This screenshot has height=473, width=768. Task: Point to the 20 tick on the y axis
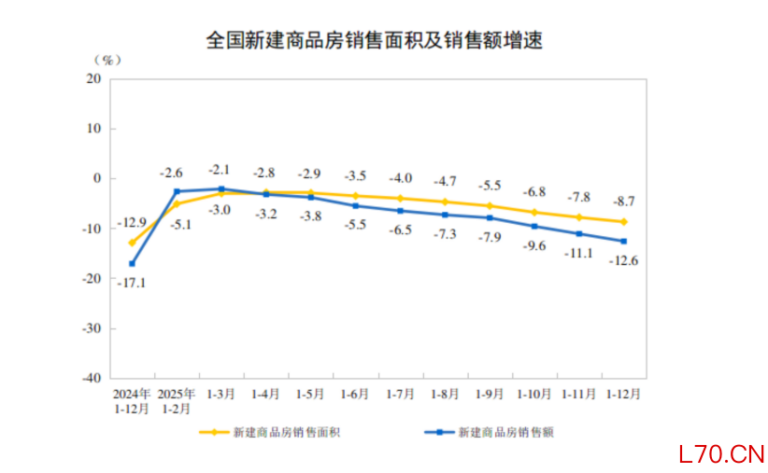[93, 78]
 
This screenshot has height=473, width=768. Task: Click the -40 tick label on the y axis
[91, 379]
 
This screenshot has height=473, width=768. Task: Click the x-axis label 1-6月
[355, 395]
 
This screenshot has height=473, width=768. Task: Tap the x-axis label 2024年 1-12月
[132, 401]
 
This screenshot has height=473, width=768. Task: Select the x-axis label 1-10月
[534, 395]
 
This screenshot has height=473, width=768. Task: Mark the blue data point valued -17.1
[132, 264]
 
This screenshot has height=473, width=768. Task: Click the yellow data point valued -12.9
[132, 243]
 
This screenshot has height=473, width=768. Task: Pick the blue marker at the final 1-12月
[624, 241]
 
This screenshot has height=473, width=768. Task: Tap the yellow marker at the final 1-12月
[624, 222]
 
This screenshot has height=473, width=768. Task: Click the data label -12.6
[623, 260]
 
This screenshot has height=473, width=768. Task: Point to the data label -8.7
[622, 201]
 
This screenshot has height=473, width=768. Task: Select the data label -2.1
[220, 170]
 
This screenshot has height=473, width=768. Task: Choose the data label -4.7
[444, 181]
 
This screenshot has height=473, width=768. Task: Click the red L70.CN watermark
[721, 454]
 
